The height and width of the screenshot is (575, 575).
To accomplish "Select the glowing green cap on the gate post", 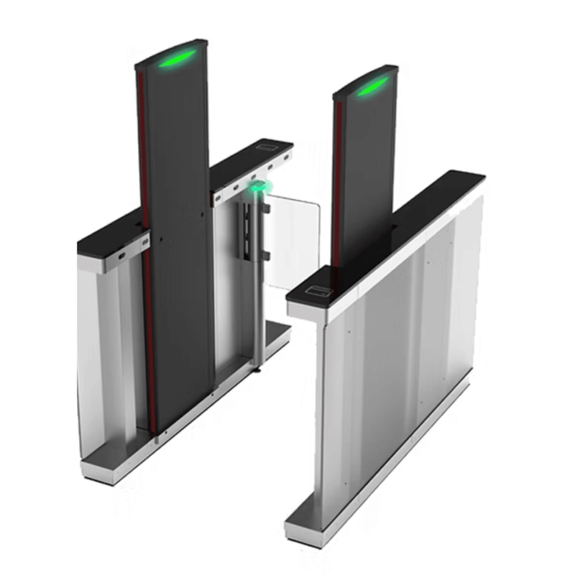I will (257, 188).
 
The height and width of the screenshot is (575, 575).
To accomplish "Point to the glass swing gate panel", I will (291, 237).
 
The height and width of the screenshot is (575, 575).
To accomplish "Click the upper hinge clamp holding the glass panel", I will (265, 208).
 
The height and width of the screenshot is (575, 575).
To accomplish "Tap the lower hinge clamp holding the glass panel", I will (265, 255).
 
